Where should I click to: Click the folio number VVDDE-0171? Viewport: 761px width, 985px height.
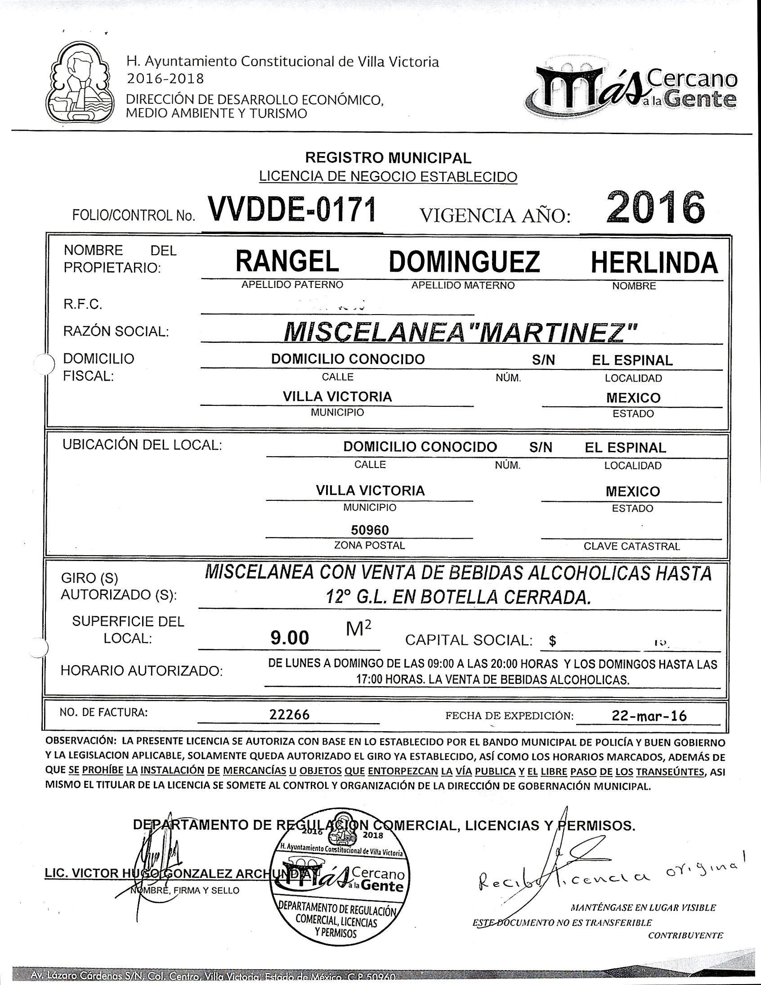click(291, 210)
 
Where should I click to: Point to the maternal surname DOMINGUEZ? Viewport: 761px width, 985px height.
click(464, 262)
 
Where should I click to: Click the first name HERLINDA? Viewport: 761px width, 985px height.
click(654, 262)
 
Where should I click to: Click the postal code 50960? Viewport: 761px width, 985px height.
click(370, 530)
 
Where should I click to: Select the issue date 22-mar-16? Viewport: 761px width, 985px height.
click(649, 716)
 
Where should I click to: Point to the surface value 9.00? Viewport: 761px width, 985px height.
click(290, 638)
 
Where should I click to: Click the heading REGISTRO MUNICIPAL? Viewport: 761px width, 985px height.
click(388, 158)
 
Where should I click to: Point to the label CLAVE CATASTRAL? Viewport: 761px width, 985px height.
click(631, 546)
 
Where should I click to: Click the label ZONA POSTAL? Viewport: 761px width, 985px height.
click(369, 545)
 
